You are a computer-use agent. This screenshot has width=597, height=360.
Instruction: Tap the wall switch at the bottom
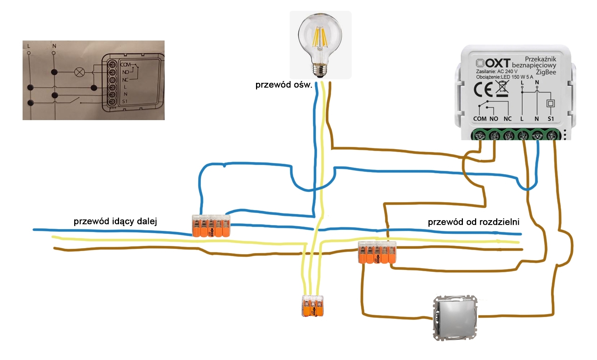click(x=455, y=317)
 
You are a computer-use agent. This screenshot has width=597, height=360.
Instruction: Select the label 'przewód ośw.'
click(x=284, y=85)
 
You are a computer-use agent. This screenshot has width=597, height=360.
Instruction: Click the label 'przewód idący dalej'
click(x=115, y=221)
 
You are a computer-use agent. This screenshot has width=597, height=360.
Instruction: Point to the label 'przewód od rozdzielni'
click(x=473, y=222)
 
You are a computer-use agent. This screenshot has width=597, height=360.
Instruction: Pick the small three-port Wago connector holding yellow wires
click(x=313, y=305)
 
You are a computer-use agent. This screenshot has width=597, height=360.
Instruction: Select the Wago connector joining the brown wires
click(x=377, y=253)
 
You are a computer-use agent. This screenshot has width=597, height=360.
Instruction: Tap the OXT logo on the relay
click(x=493, y=63)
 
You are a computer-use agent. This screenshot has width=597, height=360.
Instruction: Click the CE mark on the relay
click(x=483, y=90)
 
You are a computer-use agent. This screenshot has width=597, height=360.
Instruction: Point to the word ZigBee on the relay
click(x=546, y=72)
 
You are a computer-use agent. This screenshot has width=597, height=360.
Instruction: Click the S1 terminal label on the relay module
click(x=551, y=119)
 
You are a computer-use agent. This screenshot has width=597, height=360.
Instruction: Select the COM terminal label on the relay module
click(x=480, y=119)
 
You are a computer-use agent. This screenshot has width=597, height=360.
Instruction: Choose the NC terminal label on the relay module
click(x=507, y=119)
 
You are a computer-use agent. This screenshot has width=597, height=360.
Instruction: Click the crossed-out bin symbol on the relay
click(x=502, y=89)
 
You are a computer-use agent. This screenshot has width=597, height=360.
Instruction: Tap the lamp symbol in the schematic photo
click(x=79, y=72)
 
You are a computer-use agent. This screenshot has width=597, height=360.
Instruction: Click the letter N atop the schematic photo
click(x=54, y=46)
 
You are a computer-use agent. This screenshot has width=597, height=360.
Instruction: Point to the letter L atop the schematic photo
click(x=29, y=46)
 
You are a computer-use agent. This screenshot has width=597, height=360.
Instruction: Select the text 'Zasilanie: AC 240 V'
click(x=497, y=71)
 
